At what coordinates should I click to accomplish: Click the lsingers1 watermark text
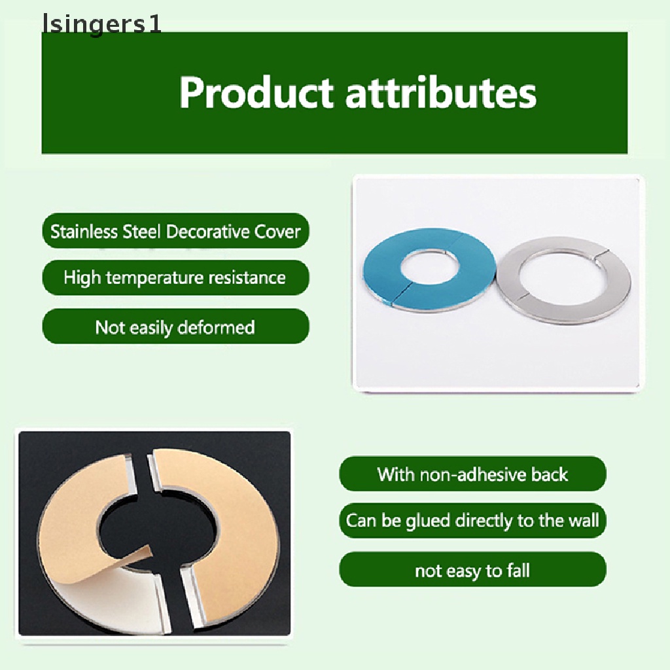point(101,24)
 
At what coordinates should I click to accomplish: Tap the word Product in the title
point(256,93)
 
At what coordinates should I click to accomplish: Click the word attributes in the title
point(440,93)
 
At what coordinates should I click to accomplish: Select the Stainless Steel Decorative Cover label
point(175,231)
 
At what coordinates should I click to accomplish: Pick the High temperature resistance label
point(175,277)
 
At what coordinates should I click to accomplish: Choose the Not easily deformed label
point(175,327)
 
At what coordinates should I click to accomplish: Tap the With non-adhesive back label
point(472,474)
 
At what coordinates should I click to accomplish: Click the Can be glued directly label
point(472,520)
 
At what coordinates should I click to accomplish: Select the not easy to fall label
point(472,570)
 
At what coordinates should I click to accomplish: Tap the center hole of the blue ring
point(430,268)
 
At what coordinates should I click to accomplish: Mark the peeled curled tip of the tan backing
point(150,548)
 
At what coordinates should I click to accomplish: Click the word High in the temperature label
point(82,278)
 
